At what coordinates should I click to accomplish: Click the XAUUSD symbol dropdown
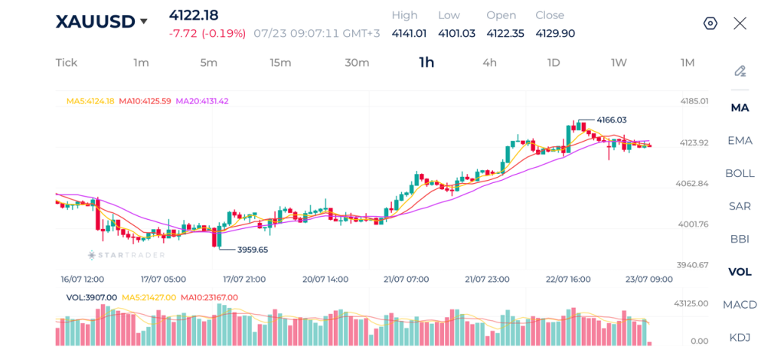(x=102, y=21)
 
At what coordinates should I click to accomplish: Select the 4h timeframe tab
(x=489, y=63)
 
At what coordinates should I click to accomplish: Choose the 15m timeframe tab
(x=280, y=63)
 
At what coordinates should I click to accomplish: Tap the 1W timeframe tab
(x=619, y=63)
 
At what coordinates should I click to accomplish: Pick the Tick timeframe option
(x=67, y=63)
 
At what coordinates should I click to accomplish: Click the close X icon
(x=740, y=23)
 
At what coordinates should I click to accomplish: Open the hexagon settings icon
(x=710, y=23)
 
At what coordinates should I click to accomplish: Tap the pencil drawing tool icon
(x=740, y=71)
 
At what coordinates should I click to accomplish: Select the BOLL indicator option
(x=740, y=174)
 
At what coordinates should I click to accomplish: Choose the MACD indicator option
(x=740, y=305)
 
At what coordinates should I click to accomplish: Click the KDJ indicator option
(x=740, y=338)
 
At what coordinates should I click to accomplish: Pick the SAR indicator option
(x=740, y=206)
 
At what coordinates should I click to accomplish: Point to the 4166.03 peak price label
(x=612, y=120)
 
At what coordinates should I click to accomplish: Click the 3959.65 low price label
(x=253, y=250)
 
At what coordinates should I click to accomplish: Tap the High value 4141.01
(x=409, y=34)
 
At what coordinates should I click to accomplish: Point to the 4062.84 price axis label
(x=691, y=184)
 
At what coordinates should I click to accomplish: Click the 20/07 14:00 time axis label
(x=326, y=279)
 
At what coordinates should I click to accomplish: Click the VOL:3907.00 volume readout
(x=92, y=297)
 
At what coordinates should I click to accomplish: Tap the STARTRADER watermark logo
(x=126, y=255)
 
